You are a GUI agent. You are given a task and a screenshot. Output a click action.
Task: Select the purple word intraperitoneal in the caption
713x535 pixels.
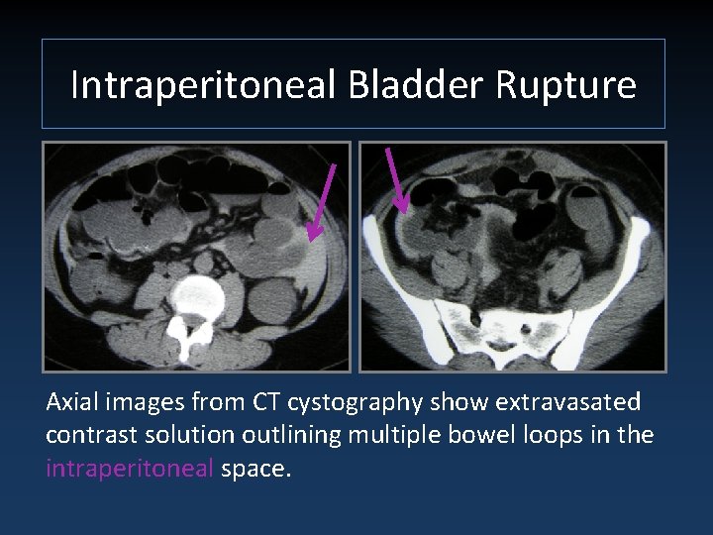point(130,468)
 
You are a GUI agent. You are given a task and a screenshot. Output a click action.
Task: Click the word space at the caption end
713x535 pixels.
point(255,468)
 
